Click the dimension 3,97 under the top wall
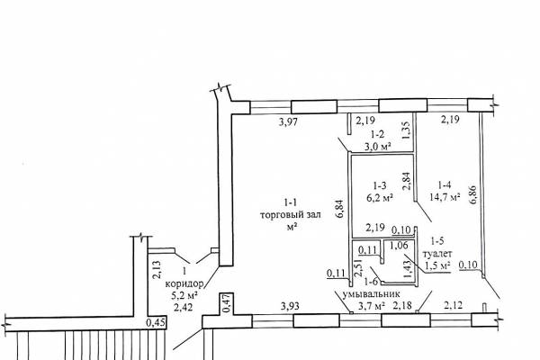pyautogui.click(x=288, y=122)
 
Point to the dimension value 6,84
pyautogui.click(x=340, y=209)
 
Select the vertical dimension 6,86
pyautogui.click(x=472, y=194)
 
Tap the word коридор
pyautogui.click(x=184, y=283)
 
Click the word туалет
pyautogui.click(x=437, y=254)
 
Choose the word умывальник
pyautogui.click(x=372, y=294)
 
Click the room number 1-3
pyautogui.click(x=379, y=185)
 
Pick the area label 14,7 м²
pyautogui.click(x=445, y=197)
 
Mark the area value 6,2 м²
pyautogui.click(x=380, y=197)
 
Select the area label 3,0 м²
pyautogui.click(x=378, y=147)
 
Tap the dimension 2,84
pyautogui.click(x=407, y=181)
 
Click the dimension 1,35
pyautogui.click(x=407, y=130)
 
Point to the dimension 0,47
pyautogui.click(x=226, y=303)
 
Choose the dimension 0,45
pyautogui.click(x=156, y=323)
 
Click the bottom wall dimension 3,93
pyautogui.click(x=290, y=306)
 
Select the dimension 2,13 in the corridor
pyautogui.click(x=156, y=270)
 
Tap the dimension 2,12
pyautogui.click(x=454, y=305)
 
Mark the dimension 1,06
pyautogui.click(x=400, y=246)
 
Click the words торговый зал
pyautogui.click(x=291, y=215)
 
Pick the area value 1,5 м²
pyautogui.click(x=437, y=266)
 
